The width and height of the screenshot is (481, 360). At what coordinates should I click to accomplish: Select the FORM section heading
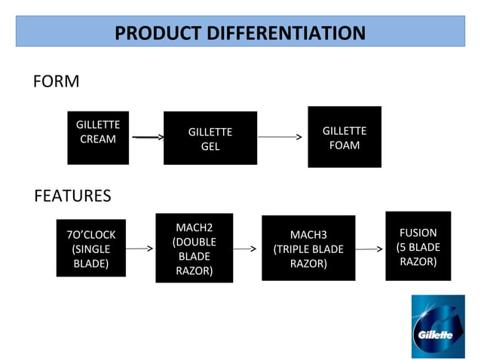pyautogui.click(x=56, y=81)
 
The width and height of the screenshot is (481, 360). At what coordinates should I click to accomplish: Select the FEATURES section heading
pyautogui.click(x=72, y=196)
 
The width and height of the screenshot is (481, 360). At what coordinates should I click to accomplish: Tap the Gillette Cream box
pyautogui.click(x=98, y=137)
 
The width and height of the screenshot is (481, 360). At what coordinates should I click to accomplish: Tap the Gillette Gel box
pyautogui.click(x=210, y=139)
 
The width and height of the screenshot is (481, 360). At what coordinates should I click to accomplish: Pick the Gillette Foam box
pyautogui.click(x=345, y=137)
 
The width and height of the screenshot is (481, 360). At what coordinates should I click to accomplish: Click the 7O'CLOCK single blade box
pyautogui.click(x=91, y=249)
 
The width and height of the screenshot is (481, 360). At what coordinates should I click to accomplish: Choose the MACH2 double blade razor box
pyautogui.click(x=195, y=249)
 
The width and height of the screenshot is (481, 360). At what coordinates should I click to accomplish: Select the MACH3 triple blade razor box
pyautogui.click(x=308, y=249)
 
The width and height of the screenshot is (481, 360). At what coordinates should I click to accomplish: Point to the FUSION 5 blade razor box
pyautogui.click(x=418, y=246)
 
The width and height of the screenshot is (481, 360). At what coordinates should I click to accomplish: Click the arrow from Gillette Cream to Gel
pyautogui.click(x=148, y=138)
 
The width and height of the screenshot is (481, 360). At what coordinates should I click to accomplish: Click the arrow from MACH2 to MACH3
pyautogui.click(x=246, y=248)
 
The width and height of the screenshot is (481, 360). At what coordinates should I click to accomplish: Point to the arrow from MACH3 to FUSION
pyautogui.click(x=369, y=248)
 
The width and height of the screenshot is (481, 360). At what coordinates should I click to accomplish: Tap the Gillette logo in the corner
pyautogui.click(x=437, y=327)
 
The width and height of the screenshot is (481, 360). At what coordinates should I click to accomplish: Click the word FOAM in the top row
pyautogui.click(x=345, y=145)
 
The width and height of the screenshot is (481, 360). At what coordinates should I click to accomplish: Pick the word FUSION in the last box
pyautogui.click(x=418, y=233)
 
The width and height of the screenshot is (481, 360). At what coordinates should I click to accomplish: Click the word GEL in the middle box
pyautogui.click(x=210, y=146)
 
